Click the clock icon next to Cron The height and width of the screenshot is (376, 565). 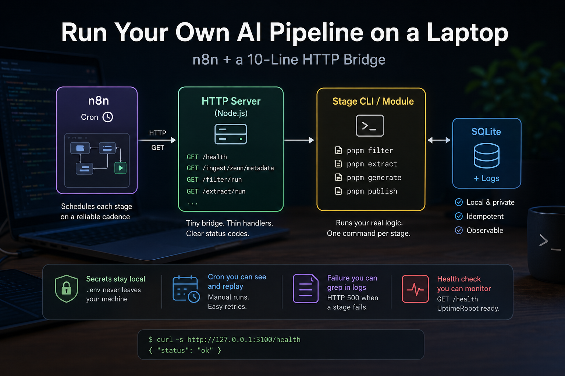coord(108,117)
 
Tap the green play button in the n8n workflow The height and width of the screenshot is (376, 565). coord(121,168)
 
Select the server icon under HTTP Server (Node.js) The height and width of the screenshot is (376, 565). coord(231,134)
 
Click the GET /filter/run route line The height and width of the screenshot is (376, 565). coord(214,180)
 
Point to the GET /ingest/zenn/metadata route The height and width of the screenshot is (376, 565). coord(230,168)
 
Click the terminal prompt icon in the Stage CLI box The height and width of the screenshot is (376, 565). coord(370,126)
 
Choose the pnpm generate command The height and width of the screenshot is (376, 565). coord(374,178)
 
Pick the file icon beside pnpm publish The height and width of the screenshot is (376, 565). coord(338,191)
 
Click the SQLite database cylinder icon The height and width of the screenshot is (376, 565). coord(487,156)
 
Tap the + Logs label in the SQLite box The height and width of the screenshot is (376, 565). coord(487,178)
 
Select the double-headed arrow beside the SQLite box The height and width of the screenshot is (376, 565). coord(439,140)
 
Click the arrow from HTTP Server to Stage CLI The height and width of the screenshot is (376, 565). coord(299,140)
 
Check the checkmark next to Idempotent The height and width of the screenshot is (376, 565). coord(459,216)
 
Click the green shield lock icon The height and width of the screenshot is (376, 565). coord(66,289)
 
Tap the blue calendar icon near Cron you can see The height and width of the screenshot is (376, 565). coord(186,289)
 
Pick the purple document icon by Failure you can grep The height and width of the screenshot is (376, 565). coord(306,288)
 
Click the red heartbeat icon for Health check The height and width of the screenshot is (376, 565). coord(415,289)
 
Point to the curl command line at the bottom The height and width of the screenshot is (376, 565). coord(224,340)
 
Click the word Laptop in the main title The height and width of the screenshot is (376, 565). coord(468,33)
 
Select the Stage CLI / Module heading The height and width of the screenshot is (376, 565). coord(373,101)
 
